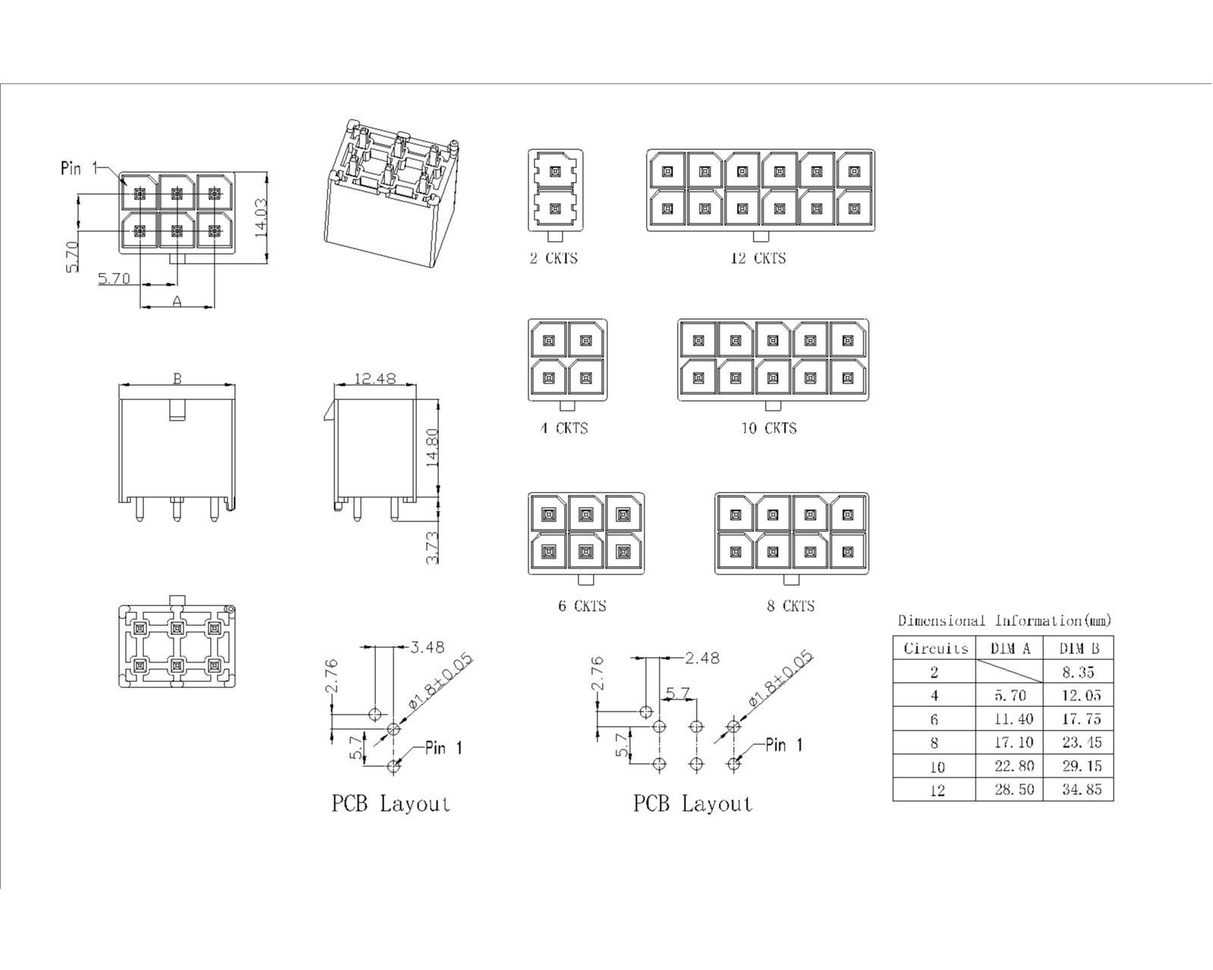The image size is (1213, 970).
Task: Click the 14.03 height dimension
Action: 261,217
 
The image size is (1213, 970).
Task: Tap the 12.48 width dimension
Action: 375,377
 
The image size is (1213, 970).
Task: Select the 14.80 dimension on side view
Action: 433,448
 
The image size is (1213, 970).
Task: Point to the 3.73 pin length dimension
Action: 433,546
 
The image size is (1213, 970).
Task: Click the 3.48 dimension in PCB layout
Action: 428,647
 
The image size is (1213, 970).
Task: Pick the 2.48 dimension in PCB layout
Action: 702,658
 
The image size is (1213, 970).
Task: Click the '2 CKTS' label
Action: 553,258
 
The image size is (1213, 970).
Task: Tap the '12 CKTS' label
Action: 758,258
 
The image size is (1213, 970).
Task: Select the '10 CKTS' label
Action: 769,428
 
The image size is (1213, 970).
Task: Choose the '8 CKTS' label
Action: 790,605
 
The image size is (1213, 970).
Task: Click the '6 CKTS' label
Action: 581,605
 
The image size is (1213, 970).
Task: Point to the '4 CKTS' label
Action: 563,428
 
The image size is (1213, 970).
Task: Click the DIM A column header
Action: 1011,648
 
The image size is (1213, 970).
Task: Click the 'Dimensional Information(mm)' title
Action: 1005,621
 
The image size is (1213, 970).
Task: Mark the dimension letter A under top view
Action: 177,301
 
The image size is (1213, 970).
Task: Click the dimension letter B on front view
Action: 177,377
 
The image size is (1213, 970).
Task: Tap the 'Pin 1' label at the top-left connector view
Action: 79,168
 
